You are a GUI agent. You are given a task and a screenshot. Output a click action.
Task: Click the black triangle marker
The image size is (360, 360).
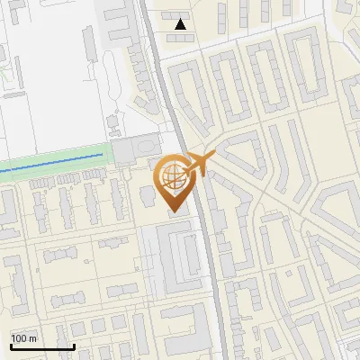pos(182,24)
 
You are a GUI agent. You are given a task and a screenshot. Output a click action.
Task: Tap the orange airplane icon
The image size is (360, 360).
pos(198,165)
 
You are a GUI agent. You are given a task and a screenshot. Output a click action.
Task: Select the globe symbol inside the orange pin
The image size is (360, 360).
pos(172,177)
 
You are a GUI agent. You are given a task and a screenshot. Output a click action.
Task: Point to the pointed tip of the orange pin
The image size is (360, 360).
pos(172,211)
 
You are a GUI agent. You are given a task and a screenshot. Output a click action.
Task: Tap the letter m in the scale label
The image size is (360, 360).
pos(33,338)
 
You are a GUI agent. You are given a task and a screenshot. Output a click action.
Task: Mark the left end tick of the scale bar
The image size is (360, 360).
pos(11,345)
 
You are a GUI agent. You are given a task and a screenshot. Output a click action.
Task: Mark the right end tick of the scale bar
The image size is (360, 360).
pos(74,345)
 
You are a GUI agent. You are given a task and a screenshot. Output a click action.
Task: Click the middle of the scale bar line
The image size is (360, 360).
pos(42,346)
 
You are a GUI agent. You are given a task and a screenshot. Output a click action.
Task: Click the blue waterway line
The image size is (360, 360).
pos(54,162)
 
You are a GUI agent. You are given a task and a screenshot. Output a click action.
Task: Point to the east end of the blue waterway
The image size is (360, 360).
pos(102,157)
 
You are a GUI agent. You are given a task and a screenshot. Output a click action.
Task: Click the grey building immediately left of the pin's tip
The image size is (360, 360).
pos(149,196)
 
